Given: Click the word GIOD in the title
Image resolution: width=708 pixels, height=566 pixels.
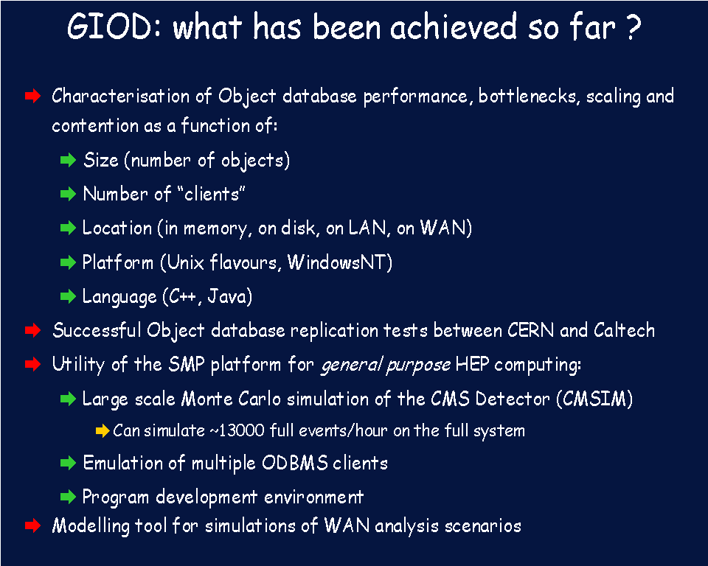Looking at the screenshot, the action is point(111,27).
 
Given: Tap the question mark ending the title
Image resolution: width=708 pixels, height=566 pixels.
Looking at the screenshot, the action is point(633,27).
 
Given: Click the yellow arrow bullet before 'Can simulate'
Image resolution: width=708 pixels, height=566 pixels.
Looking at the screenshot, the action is point(103,430).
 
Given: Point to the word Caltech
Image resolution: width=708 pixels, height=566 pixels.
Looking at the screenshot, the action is point(624,330).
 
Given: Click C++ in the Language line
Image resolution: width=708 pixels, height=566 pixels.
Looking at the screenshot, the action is point(182,296).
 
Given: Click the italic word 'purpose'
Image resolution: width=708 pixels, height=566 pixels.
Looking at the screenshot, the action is point(418,365).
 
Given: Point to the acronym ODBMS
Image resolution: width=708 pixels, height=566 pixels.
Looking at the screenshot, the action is point(295,463).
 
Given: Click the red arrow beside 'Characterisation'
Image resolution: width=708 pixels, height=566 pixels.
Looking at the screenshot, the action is point(32,96).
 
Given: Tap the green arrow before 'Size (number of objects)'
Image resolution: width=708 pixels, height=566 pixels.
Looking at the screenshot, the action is point(68,160).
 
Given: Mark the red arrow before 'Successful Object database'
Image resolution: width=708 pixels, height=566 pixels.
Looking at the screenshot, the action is point(32,330).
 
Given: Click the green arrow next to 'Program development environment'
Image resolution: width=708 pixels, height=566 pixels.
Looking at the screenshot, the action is point(68,497).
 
